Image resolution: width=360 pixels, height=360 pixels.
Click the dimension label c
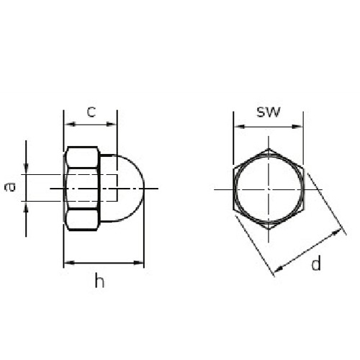click(91, 112)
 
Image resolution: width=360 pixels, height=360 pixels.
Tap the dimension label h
click(99, 280)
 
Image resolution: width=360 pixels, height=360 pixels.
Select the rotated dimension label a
click(10, 187)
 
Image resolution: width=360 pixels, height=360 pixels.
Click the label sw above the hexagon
click(269, 112)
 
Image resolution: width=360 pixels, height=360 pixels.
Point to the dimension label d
click(316, 263)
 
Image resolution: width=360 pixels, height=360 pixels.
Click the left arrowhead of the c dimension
click(70, 124)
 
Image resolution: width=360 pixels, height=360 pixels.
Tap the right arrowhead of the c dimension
click(111, 124)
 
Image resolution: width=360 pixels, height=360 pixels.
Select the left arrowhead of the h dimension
click(70, 263)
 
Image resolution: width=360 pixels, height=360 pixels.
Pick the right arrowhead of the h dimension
click(138, 263)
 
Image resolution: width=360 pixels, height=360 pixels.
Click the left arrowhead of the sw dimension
click(240, 127)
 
